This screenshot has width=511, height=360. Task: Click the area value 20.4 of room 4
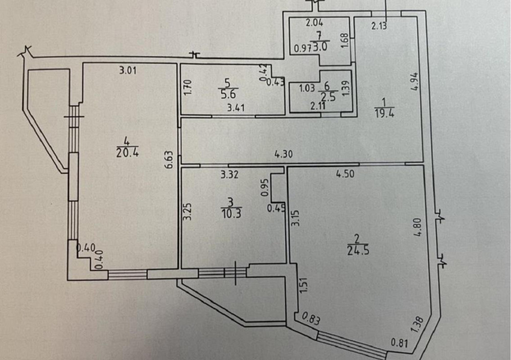(x=127, y=152)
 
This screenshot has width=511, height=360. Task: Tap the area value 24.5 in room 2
(x=358, y=251)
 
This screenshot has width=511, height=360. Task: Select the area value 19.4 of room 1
(x=384, y=114)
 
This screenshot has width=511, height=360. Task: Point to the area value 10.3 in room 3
(x=231, y=214)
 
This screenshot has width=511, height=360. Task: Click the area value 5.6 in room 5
(x=228, y=94)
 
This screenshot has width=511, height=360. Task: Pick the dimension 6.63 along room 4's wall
(x=169, y=160)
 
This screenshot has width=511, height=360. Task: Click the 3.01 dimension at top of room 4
(x=127, y=70)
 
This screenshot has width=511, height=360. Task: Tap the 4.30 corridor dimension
(x=284, y=154)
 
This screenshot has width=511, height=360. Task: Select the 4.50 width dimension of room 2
(x=345, y=174)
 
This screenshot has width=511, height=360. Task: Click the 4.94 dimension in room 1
(x=414, y=81)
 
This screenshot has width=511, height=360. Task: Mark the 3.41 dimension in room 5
(x=236, y=107)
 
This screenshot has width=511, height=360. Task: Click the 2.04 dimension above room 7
(x=314, y=22)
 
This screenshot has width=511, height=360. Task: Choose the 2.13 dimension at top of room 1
(x=379, y=26)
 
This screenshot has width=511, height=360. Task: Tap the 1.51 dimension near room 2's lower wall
(x=304, y=285)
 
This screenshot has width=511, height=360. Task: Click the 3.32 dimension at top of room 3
(x=229, y=175)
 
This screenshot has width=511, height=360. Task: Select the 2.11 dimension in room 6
(x=317, y=106)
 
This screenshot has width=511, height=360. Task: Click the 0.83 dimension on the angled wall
(x=311, y=318)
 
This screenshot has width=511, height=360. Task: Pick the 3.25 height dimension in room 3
(x=187, y=212)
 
